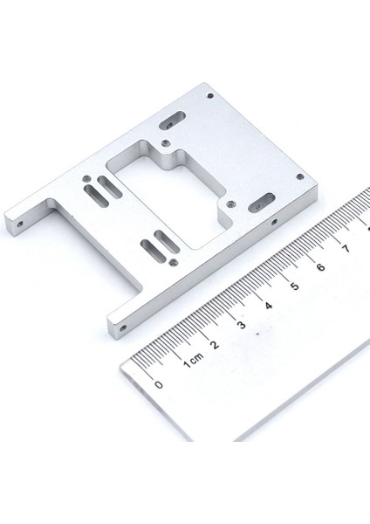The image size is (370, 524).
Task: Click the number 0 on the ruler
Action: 158,384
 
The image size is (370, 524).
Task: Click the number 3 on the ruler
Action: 242,324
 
